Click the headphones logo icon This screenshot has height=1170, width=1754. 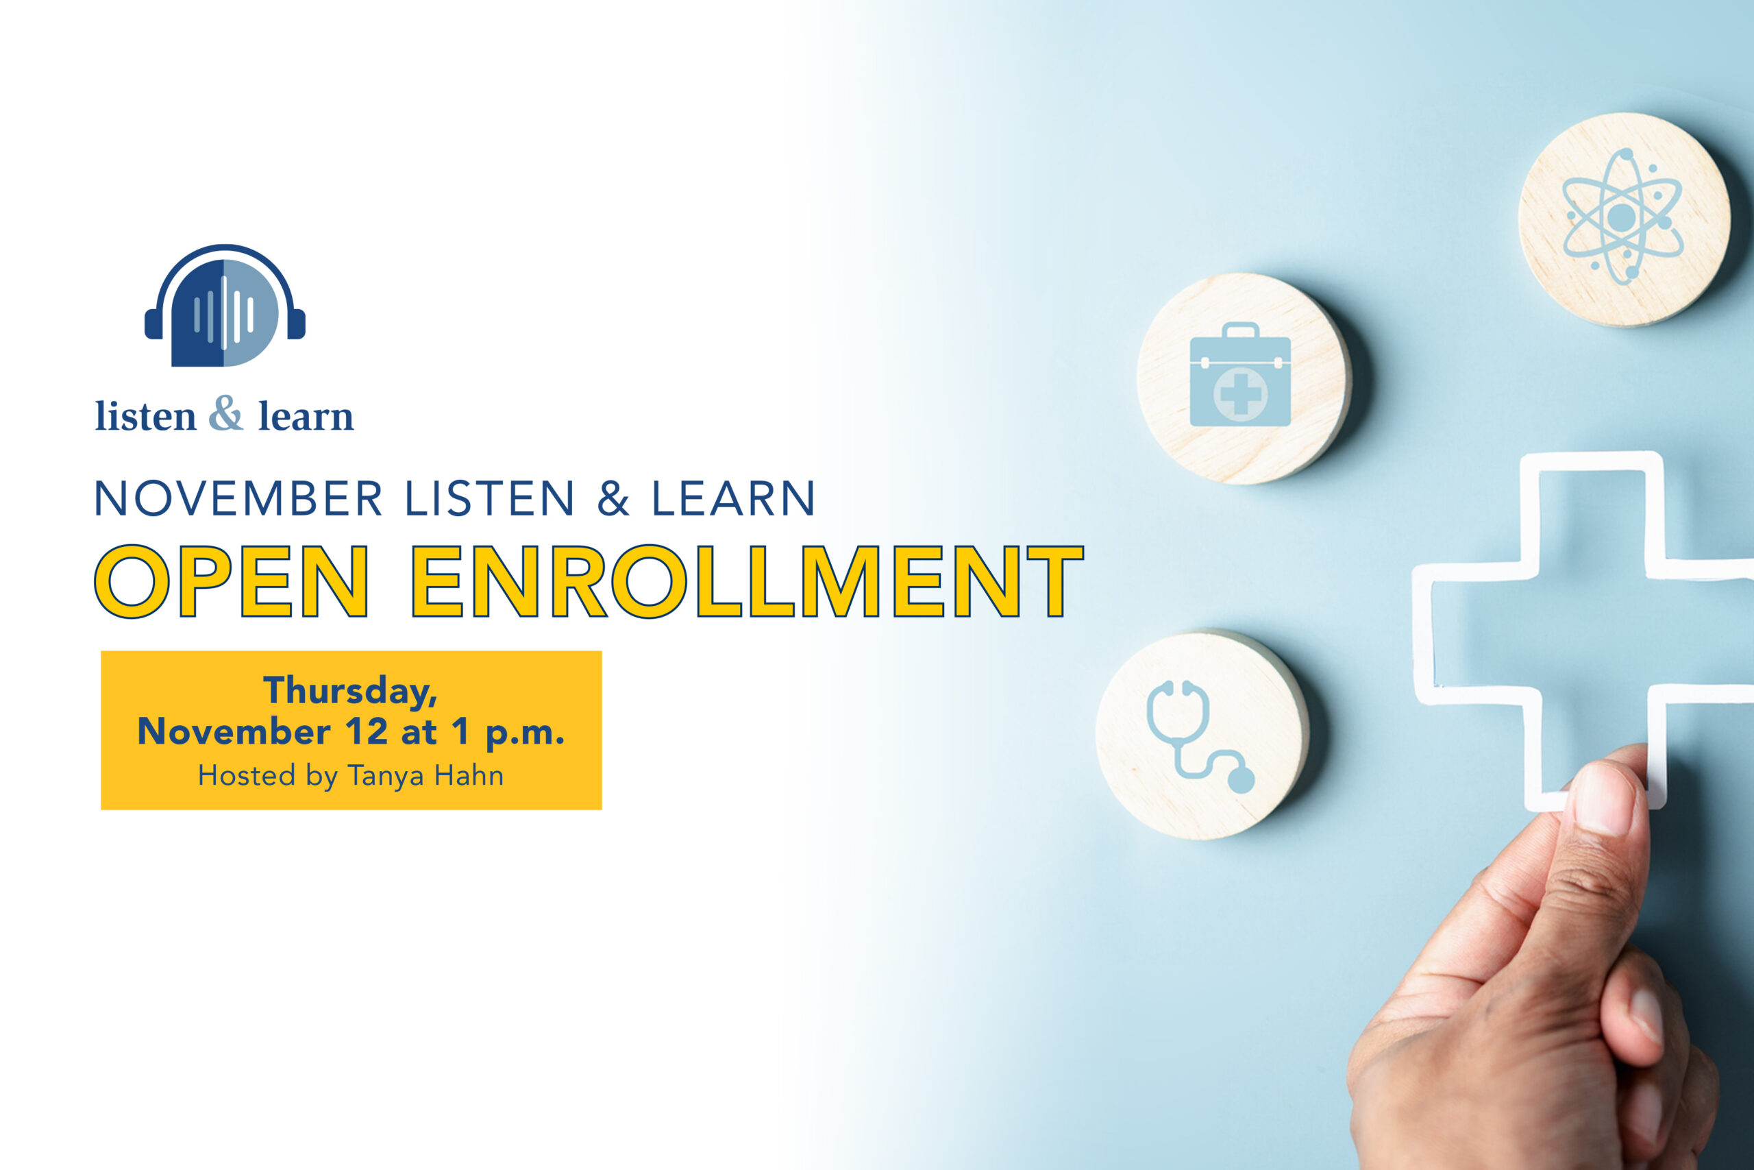coord(225,305)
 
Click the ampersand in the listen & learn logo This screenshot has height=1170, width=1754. coord(226,413)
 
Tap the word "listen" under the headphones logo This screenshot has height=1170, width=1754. coord(145,415)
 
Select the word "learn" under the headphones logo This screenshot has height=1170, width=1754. coord(306,415)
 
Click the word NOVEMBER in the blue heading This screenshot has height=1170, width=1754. coord(238,498)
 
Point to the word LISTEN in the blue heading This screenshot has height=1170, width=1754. coord(489,498)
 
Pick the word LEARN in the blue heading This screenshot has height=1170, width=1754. coord(734,498)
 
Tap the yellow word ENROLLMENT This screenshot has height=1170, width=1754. coord(748,581)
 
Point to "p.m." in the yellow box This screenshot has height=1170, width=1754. coord(525,734)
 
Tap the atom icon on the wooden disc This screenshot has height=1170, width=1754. coord(1622,217)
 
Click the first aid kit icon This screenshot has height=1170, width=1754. coord(1240,375)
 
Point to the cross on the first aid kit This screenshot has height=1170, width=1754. coord(1241,393)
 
